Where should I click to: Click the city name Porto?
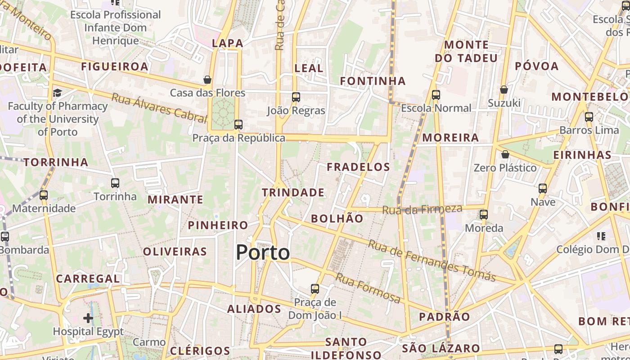click(x=263, y=252)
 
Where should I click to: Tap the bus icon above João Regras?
click(x=296, y=97)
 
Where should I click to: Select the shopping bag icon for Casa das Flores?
click(x=207, y=80)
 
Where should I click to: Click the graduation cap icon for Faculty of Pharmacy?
click(x=57, y=93)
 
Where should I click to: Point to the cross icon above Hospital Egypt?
click(x=88, y=318)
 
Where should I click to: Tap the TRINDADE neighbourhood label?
click(x=293, y=193)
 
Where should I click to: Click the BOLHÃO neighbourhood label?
click(x=337, y=219)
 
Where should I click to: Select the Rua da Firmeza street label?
click(x=422, y=209)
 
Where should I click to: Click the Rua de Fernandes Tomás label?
click(x=432, y=261)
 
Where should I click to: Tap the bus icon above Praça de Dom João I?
click(x=315, y=288)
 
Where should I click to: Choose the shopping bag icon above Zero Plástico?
click(x=505, y=154)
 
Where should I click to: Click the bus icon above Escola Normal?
click(x=436, y=95)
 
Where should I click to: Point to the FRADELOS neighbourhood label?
click(x=358, y=167)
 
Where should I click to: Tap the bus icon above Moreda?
click(x=484, y=215)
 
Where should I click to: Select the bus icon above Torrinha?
click(x=115, y=183)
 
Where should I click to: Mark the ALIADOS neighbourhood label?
click(x=254, y=309)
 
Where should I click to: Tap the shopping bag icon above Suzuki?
click(x=504, y=90)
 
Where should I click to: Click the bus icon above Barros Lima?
click(x=589, y=117)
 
